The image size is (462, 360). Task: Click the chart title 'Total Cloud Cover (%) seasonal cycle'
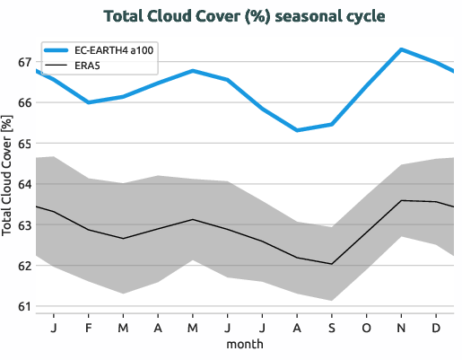pyautogui.click(x=231, y=17)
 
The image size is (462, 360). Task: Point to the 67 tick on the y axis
pyautogui.click(x=24, y=63)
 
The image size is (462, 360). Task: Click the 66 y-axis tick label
pyautogui.click(x=24, y=103)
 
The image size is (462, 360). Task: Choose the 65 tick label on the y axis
pyautogui.click(x=24, y=144)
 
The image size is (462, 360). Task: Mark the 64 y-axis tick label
pyautogui.click(x=24, y=184)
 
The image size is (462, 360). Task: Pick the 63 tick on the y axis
pyautogui.click(x=24, y=225)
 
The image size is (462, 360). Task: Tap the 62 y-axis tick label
pyautogui.click(x=24, y=266)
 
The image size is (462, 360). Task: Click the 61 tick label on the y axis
pyautogui.click(x=24, y=306)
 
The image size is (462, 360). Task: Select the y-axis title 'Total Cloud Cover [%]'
pyautogui.click(x=9, y=184)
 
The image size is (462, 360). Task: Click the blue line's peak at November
pyautogui.click(x=401, y=49)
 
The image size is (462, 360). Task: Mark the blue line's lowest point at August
pyautogui.click(x=297, y=130)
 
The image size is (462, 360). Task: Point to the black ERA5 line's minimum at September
pyautogui.click(x=332, y=264)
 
